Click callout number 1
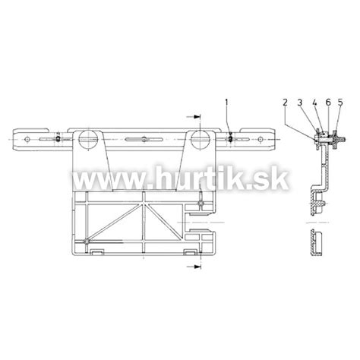coord(226,103)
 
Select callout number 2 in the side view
coord(286,103)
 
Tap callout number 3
coord(300,103)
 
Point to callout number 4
coord(314,103)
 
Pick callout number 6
coord(328,103)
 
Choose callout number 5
coord(340,103)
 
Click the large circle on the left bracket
coord(87,139)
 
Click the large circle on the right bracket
coord(201,139)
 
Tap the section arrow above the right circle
coord(193,117)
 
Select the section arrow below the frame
coord(194,267)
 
